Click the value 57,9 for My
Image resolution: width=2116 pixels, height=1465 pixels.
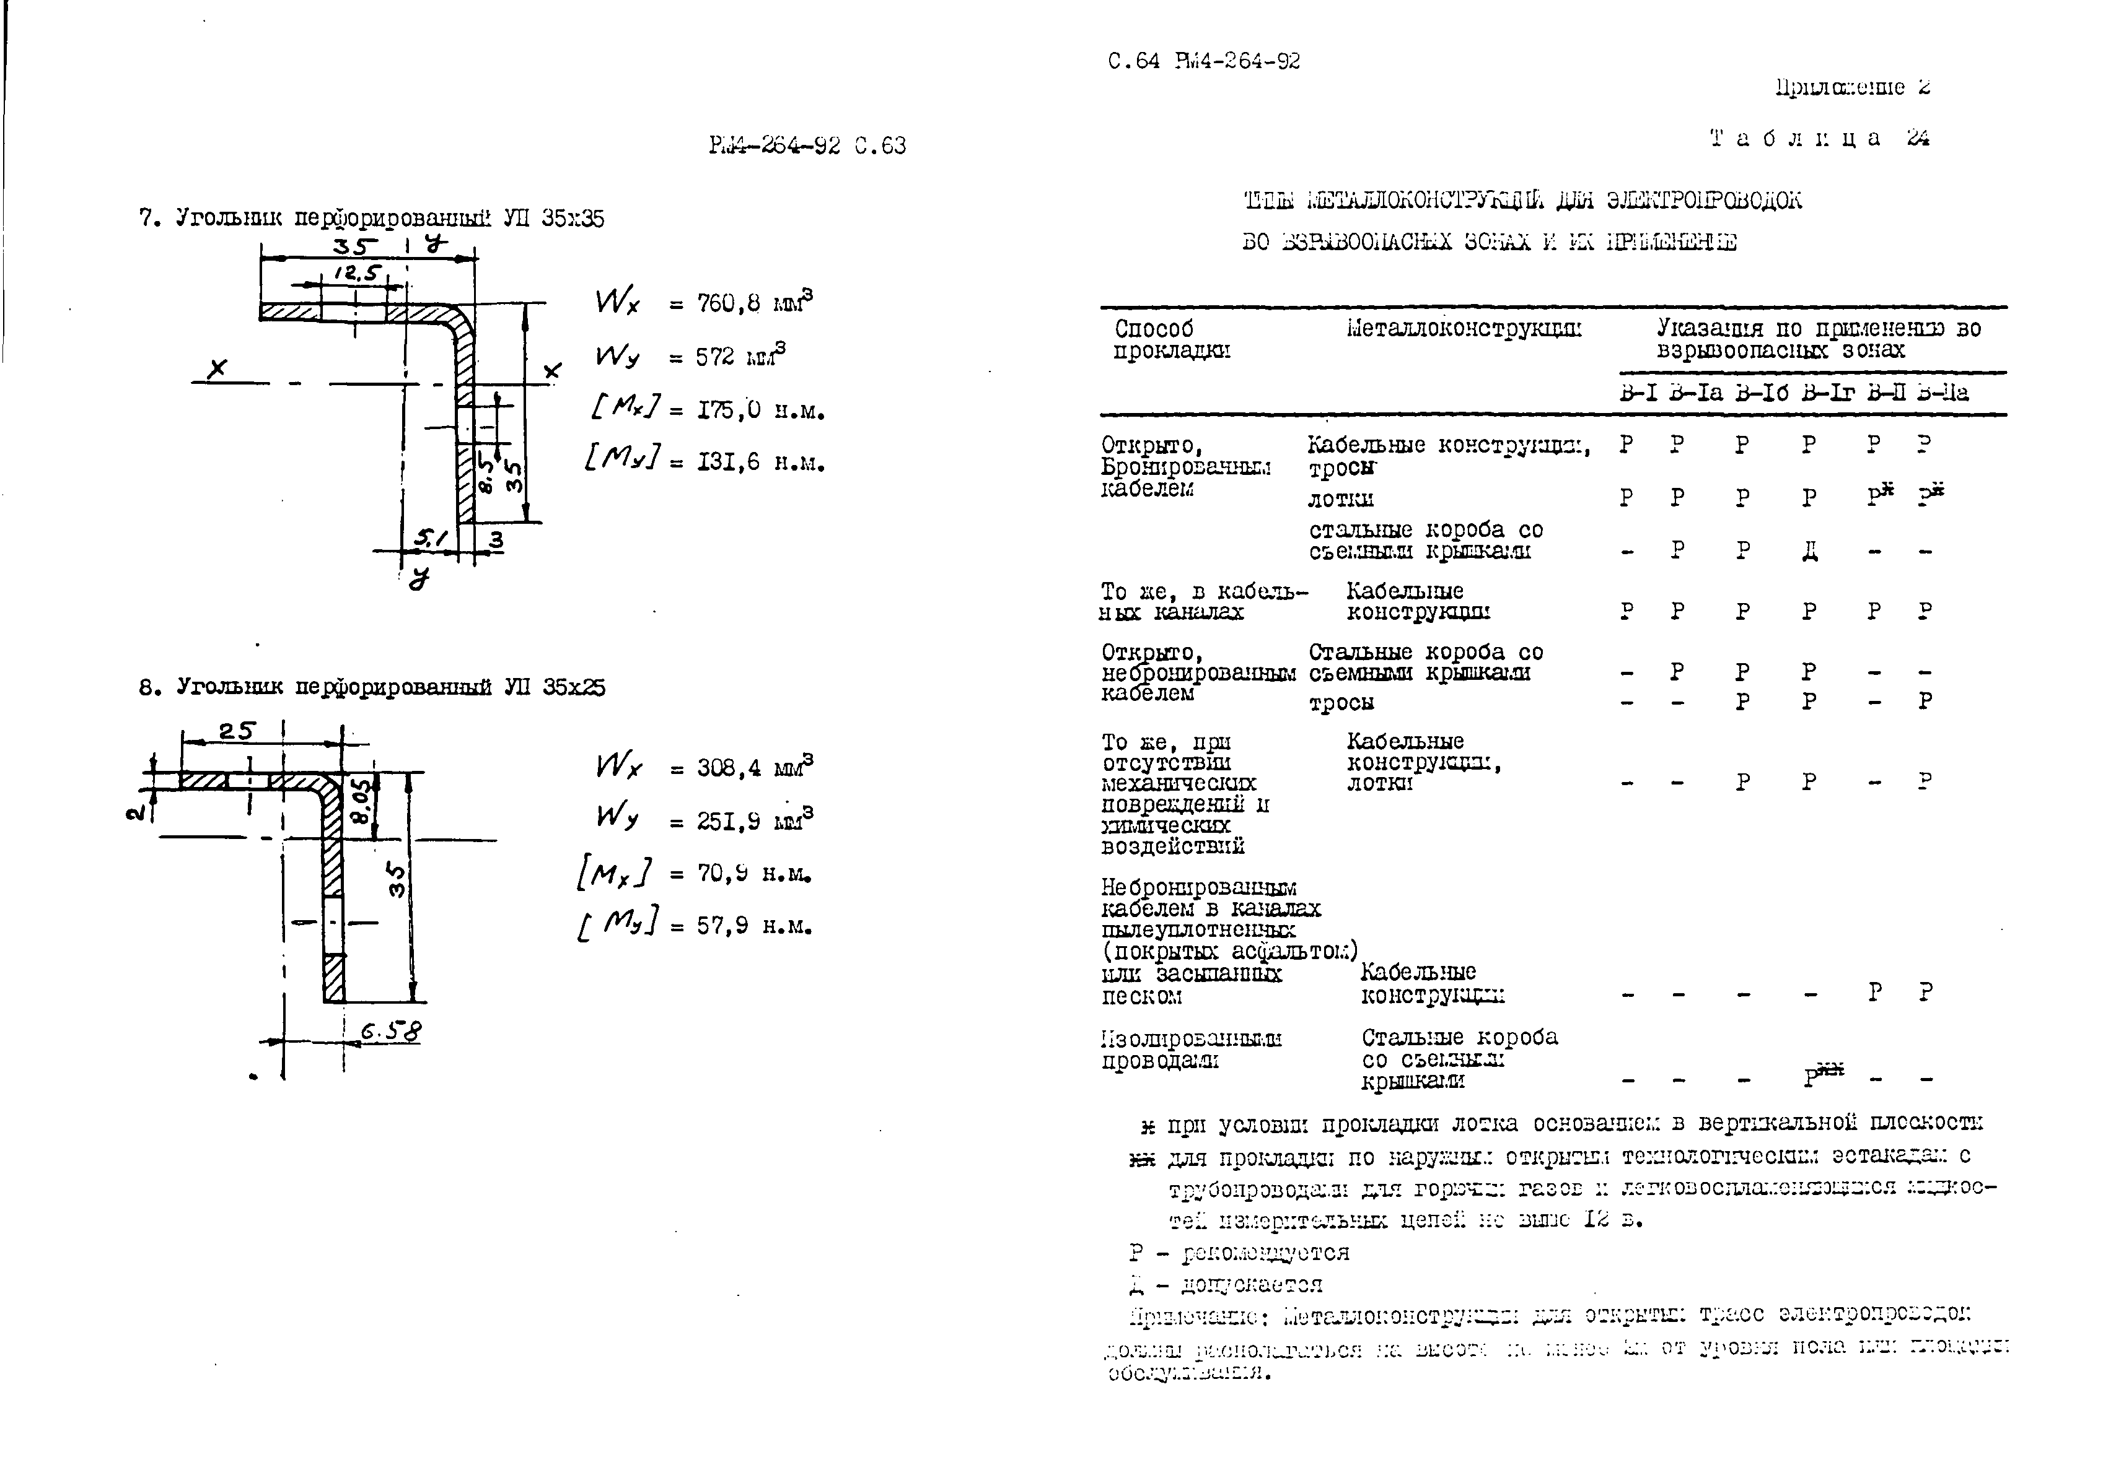click(x=722, y=926)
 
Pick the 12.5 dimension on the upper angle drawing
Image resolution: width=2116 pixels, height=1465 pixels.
click(x=356, y=272)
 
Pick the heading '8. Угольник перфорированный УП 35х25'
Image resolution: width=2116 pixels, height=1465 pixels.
click(x=372, y=687)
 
